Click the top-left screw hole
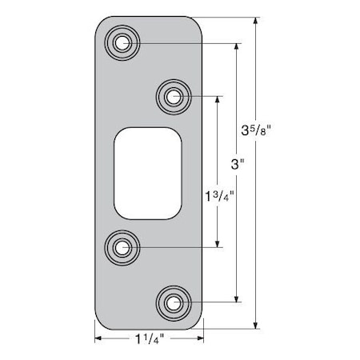[122, 42]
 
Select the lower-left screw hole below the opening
[122, 248]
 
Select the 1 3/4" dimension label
[217, 194]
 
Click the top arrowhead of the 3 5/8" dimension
[255, 21]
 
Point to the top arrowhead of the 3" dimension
[236, 46]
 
